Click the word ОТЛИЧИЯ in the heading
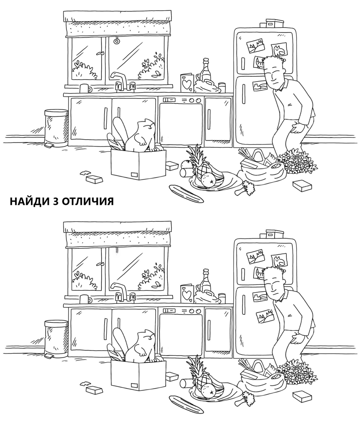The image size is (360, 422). click(88, 202)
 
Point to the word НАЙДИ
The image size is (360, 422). click(29, 202)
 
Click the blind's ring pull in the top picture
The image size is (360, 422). click(117, 41)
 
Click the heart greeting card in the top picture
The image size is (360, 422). click(187, 83)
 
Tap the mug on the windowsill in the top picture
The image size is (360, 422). click(85, 88)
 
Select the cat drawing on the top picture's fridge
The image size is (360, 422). click(279, 50)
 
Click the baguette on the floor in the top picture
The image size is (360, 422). click(186, 193)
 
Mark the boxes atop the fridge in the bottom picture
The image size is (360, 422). click(272, 234)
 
